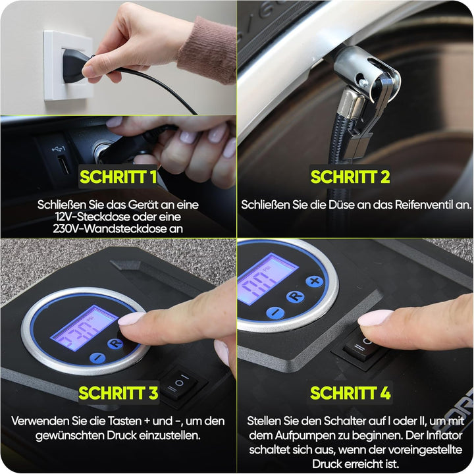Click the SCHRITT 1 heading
tap(118, 177)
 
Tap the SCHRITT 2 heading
tap(350, 177)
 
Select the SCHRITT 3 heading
tap(118, 393)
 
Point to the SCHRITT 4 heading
tap(350, 393)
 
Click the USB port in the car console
tap(63, 164)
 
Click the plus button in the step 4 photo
tap(315, 281)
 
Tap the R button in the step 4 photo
tap(295, 296)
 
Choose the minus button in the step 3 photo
tap(97, 358)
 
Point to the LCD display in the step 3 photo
tap(85, 329)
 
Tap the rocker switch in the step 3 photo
tap(179, 383)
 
